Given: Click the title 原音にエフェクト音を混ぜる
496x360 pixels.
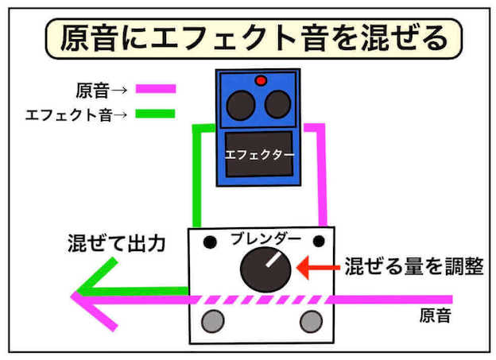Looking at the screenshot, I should coord(247,38).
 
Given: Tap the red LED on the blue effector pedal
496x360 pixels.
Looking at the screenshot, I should coord(260,80).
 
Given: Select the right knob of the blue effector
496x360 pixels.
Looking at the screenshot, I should coord(277,104).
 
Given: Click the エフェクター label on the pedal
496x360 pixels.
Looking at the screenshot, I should coord(260,153).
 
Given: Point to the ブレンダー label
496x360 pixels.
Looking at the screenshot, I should coord(265,238).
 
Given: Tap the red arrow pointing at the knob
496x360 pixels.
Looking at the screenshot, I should coord(316,267).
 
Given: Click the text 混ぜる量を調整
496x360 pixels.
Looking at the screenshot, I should coord(413,266).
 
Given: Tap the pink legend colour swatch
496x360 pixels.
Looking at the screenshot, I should coord(155,89).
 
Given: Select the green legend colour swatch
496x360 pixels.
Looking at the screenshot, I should coord(155,114).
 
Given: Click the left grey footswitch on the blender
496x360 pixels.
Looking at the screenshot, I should coord(212,322).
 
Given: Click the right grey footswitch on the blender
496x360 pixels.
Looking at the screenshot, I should coord(311,322).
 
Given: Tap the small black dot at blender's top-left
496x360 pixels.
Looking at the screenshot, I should coord(210,240).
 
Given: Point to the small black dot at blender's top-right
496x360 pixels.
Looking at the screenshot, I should coord(319,240).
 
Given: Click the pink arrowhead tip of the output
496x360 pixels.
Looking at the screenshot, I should coord(74,298).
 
